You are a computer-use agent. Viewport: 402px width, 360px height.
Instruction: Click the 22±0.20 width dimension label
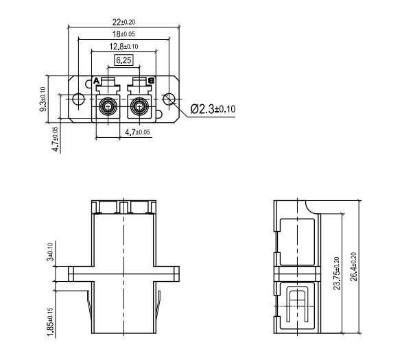pos(123,22)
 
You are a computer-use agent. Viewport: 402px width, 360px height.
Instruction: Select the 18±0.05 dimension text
pos(123,34)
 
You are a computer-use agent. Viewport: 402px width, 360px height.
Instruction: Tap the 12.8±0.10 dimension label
pos(123,47)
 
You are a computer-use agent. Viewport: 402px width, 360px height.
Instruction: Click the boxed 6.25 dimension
pos(123,60)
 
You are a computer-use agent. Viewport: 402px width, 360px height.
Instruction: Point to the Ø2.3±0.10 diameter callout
pos(213,109)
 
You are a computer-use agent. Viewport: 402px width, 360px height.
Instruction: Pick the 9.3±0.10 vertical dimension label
pos(43,99)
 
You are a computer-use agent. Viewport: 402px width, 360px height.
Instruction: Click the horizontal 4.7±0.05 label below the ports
pos(137,132)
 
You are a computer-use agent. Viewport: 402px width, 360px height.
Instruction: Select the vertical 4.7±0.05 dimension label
pos(56,139)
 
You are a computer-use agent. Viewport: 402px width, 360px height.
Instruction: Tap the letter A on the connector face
pos(96,81)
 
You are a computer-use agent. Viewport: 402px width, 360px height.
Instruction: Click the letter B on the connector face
pos(152,81)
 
